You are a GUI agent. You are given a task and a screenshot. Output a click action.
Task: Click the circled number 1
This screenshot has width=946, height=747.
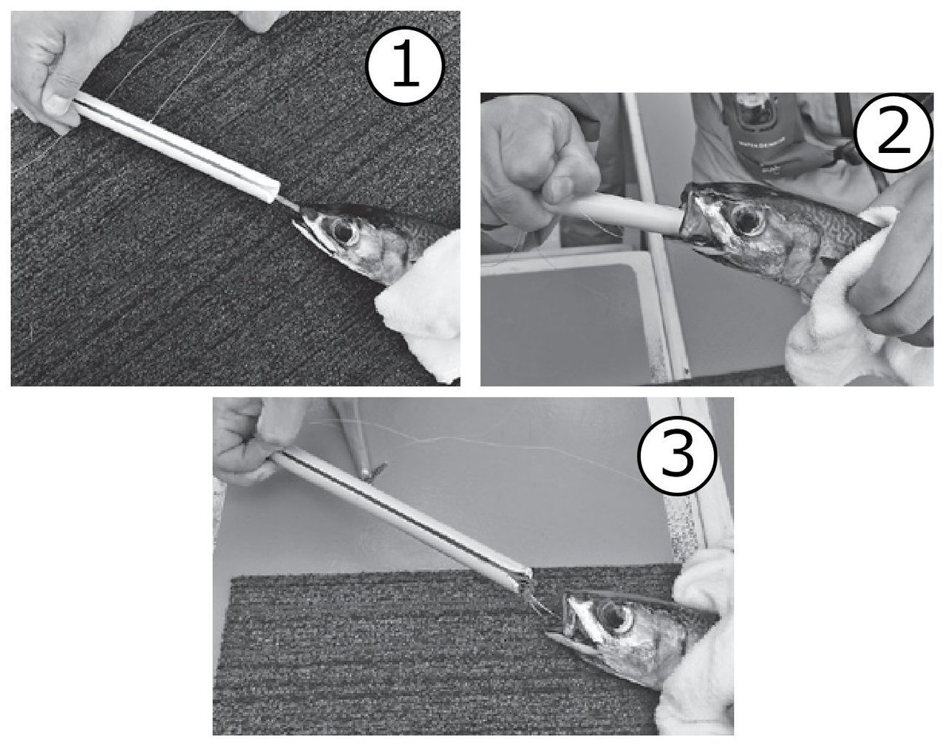(x=405, y=66)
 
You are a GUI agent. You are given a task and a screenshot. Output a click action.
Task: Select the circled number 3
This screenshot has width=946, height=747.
(x=677, y=455)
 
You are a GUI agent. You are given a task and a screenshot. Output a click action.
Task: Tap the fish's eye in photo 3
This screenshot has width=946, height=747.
(x=616, y=621)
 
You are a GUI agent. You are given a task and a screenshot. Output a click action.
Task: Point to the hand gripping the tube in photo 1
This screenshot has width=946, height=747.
(x=52, y=66)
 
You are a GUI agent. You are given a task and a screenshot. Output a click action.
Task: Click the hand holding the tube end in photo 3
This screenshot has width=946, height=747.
(x=251, y=444)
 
